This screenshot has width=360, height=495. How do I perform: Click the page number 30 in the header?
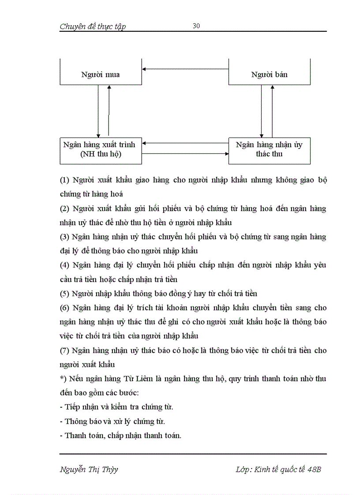click(196, 26)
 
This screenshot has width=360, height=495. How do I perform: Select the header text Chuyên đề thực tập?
click(93, 26)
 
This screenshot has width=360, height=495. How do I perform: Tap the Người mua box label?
click(100, 74)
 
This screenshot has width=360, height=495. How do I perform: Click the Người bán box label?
click(269, 74)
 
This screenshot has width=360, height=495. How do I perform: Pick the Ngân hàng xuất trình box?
click(101, 150)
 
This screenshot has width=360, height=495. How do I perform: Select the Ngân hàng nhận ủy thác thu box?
click(269, 150)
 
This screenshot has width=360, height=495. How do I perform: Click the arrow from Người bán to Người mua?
click(185, 68)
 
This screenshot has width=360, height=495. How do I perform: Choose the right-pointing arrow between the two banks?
click(185, 153)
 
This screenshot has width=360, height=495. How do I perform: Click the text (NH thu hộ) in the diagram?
click(101, 154)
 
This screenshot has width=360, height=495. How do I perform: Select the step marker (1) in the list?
click(64, 180)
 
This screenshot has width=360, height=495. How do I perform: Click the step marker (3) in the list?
click(64, 237)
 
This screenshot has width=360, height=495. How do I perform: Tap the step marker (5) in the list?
click(64, 294)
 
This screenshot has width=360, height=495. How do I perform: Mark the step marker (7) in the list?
click(64, 350)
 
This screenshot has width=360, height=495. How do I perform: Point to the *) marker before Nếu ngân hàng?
click(62, 379)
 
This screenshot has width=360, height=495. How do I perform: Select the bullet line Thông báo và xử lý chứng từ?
click(115, 421)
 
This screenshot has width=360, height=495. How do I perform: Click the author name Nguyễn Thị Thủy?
click(89, 469)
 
